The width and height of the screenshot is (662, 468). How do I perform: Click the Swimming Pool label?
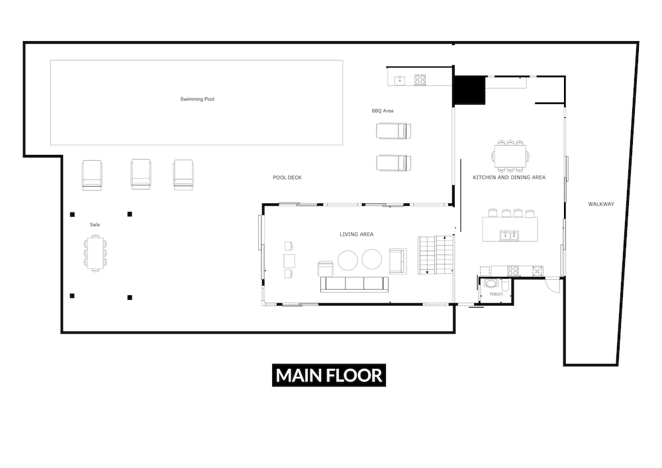197,99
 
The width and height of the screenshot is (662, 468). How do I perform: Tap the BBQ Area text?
383,111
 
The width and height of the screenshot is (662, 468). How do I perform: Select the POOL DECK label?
287,177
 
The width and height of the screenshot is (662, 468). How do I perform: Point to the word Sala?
95,224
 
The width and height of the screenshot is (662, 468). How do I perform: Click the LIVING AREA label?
357,234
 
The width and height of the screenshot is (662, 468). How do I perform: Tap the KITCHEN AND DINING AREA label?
509,177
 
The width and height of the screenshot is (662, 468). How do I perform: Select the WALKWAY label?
601,205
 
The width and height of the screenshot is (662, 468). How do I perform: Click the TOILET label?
496,294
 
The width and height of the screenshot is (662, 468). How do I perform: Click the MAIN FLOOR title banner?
329,375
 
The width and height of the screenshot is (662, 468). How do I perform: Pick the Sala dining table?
95,254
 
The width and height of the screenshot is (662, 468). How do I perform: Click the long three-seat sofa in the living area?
354,285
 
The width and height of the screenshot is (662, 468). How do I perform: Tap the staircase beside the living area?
436,255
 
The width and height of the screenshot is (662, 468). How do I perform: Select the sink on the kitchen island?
509,235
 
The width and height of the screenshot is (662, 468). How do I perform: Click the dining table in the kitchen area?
510,156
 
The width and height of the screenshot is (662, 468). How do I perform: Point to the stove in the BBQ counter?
420,79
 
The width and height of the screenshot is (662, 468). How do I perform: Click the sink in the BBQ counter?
400,80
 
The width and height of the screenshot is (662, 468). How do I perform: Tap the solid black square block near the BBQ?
469,90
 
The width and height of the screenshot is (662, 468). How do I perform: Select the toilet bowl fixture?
491,283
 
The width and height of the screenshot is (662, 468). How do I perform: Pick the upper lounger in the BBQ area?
393,131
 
